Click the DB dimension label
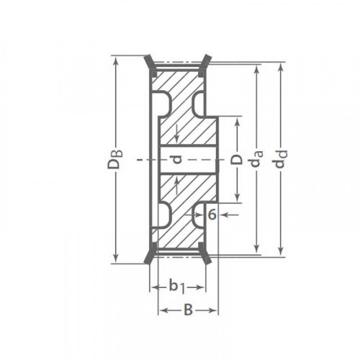click(115, 159)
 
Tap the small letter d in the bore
click(177, 159)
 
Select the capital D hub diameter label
click(236, 160)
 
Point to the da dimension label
click(257, 158)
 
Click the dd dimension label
click(281, 159)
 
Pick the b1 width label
click(177, 287)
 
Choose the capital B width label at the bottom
click(189, 310)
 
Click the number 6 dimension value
click(212, 215)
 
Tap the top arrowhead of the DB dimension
click(116, 60)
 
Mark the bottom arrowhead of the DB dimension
click(116, 258)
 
